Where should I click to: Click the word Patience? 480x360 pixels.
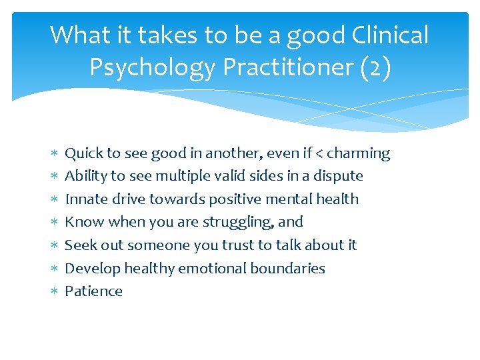(x=93, y=291)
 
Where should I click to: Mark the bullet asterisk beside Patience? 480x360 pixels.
(x=53, y=292)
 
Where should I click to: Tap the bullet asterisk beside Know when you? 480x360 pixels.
(x=53, y=223)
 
